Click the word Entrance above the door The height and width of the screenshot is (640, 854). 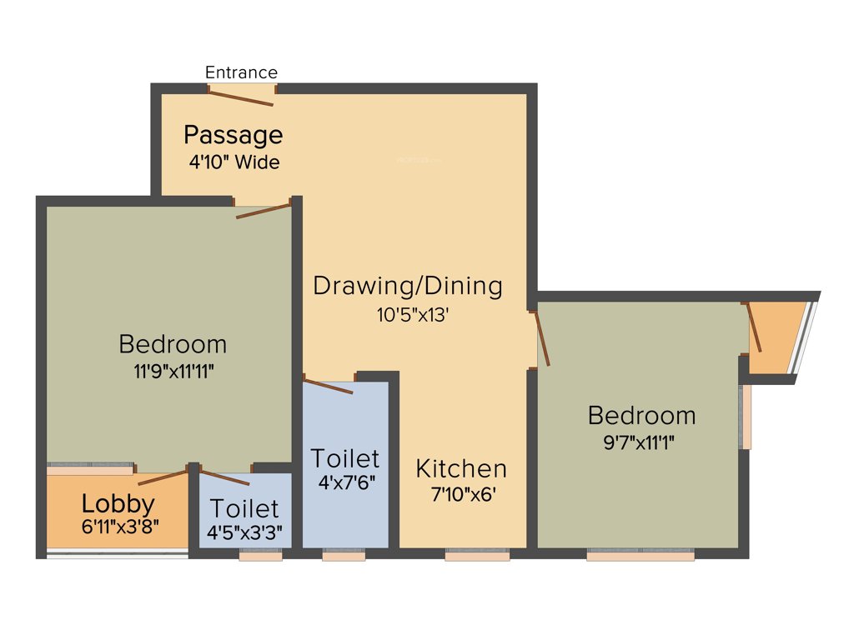pos(241,72)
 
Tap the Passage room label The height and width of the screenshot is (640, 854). pos(234,134)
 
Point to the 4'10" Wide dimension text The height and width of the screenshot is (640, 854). pos(234,162)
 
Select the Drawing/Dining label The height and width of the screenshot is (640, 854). pos(408,286)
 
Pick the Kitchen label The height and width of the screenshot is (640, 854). pos(461,468)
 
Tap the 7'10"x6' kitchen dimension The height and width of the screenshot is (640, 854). pos(463,493)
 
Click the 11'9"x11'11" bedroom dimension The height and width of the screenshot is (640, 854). pos(173,372)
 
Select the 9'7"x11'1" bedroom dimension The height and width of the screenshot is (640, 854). pos(640,442)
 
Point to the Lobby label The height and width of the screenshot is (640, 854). pos(118,503)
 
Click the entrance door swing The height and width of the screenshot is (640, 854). pos(241,97)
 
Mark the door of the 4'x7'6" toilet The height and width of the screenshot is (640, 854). pos(328,386)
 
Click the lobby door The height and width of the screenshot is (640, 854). pos(163,477)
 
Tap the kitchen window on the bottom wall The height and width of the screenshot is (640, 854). pos(476,554)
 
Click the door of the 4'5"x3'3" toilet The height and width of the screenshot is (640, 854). pos(225,478)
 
